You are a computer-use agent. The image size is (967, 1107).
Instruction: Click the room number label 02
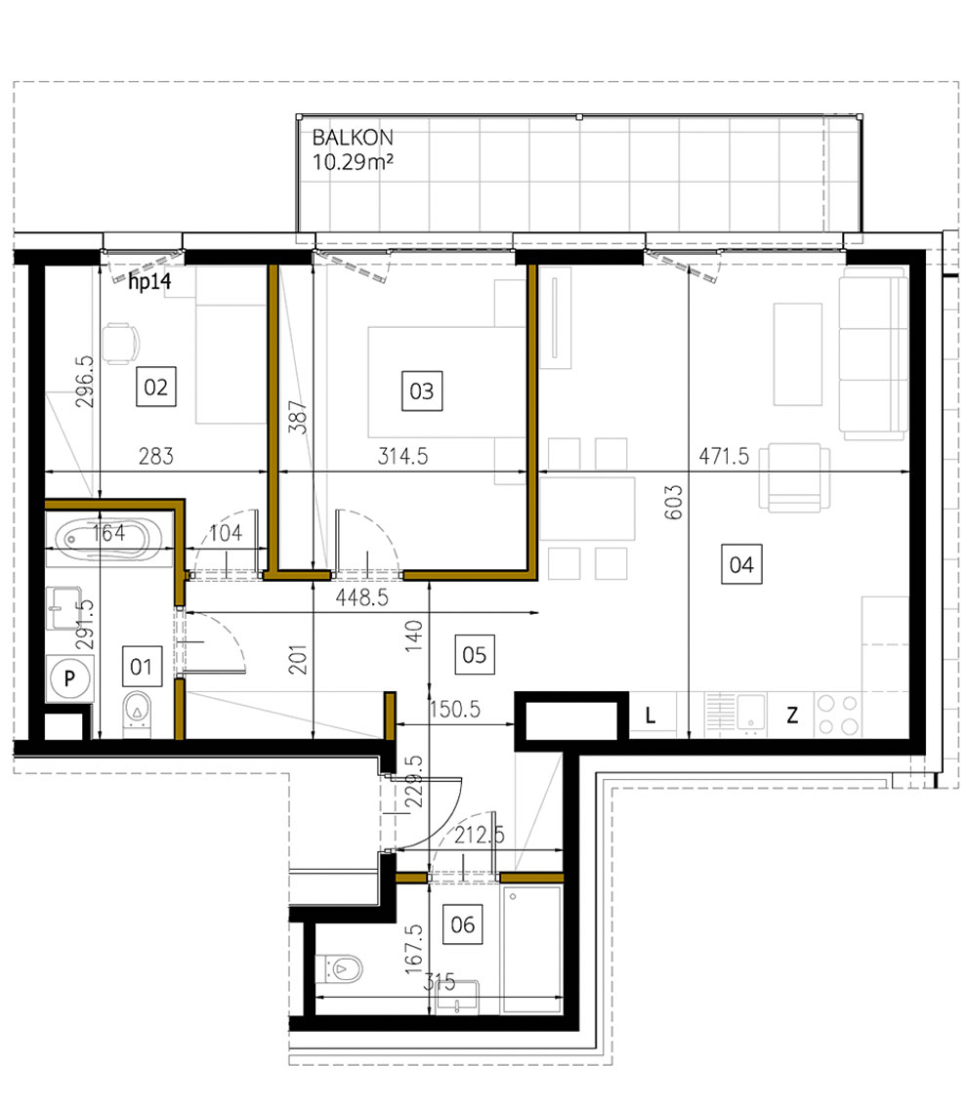(156, 388)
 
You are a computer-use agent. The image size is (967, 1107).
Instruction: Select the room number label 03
(421, 391)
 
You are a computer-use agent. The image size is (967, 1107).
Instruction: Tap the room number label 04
(741, 564)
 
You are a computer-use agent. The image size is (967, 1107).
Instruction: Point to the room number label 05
(475, 653)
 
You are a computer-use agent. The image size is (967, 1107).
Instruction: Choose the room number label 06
(463, 923)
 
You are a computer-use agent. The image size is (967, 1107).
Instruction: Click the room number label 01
(142, 667)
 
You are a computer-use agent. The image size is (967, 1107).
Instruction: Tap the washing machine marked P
(70, 677)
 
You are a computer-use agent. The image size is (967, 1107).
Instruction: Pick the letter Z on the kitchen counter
(792, 716)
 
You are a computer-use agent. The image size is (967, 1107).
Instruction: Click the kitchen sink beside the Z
(751, 712)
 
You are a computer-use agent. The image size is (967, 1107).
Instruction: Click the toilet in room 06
(345, 968)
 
